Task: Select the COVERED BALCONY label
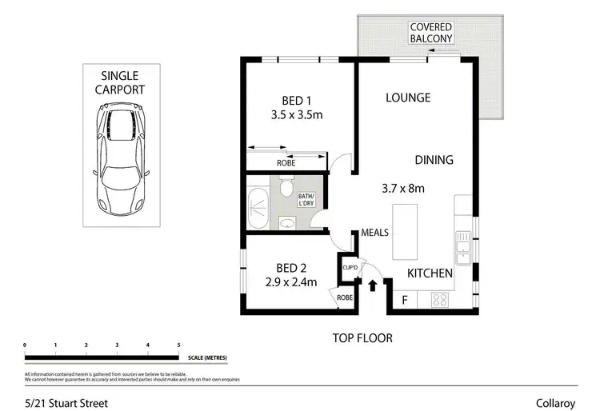[x=431, y=32]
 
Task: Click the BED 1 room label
[x=296, y=101]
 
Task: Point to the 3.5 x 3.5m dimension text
[x=296, y=115]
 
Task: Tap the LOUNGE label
[x=408, y=98]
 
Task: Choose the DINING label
[x=434, y=160]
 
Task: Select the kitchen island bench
[x=406, y=232]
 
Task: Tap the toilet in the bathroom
[x=286, y=187]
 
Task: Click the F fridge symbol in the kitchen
[x=404, y=301]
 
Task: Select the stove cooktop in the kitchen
[x=441, y=301]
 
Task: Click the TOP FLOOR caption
[x=362, y=338]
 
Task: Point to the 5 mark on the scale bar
[x=178, y=345]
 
